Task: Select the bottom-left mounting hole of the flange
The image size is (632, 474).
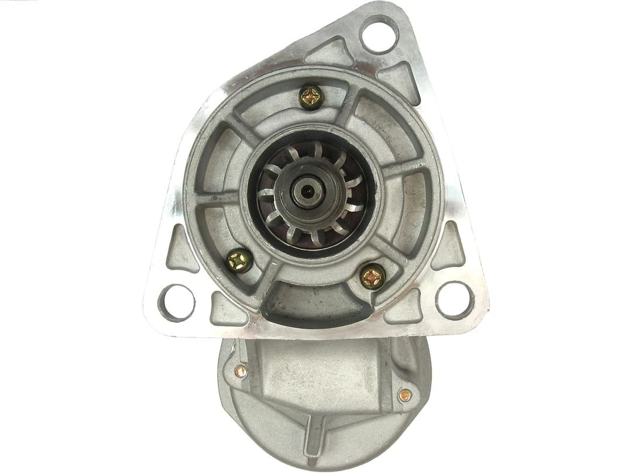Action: [x=176, y=301]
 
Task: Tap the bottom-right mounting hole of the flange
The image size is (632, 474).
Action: [x=455, y=300]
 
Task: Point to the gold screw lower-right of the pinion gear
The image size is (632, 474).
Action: [x=372, y=276]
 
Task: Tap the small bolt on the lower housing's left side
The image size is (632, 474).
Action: [x=240, y=370]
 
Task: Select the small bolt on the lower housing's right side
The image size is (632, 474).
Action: [x=403, y=395]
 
